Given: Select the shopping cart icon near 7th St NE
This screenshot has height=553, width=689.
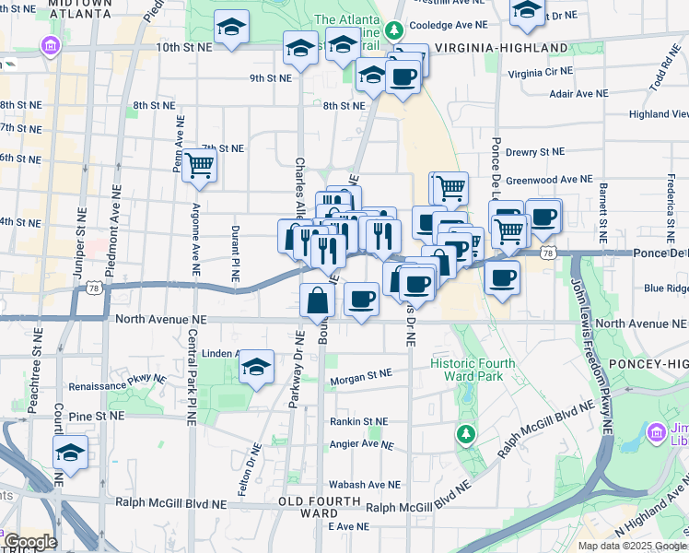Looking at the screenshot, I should [199, 166].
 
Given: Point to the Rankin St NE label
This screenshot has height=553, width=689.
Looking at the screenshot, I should [359, 421].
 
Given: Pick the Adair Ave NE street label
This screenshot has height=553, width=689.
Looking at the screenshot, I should [578, 93].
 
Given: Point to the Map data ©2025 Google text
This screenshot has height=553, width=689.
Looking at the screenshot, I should [633, 546].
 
